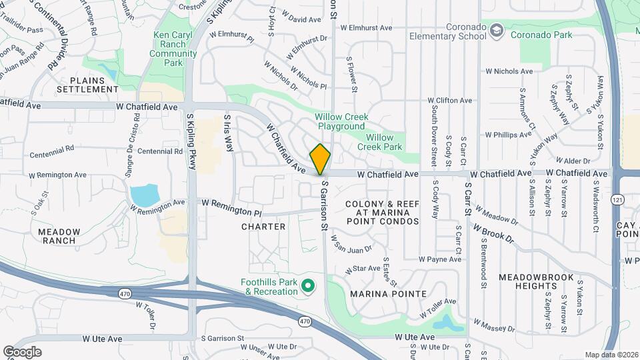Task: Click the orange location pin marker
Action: click(320, 159)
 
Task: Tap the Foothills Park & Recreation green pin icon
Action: click(308, 287)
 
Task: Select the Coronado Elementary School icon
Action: click(497, 30)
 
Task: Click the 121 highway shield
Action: click(621, 199)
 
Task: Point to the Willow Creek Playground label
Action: click(341, 121)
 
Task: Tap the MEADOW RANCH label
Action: click(59, 236)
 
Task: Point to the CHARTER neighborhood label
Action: click(263, 227)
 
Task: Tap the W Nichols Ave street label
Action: click(509, 71)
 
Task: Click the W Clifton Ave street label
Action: click(447, 101)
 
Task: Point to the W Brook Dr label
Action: click(494, 233)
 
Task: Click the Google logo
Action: click(22, 351)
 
